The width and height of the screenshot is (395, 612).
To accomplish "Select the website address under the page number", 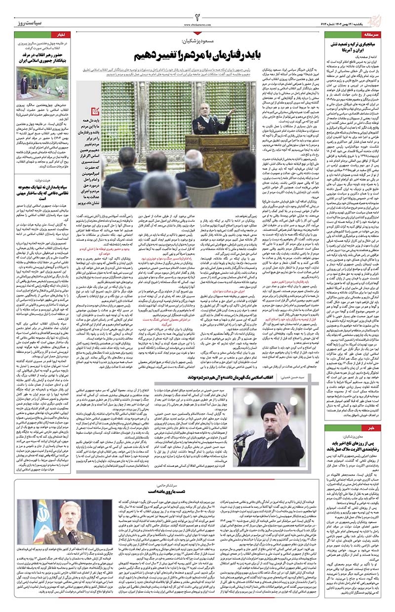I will pos(197,23).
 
